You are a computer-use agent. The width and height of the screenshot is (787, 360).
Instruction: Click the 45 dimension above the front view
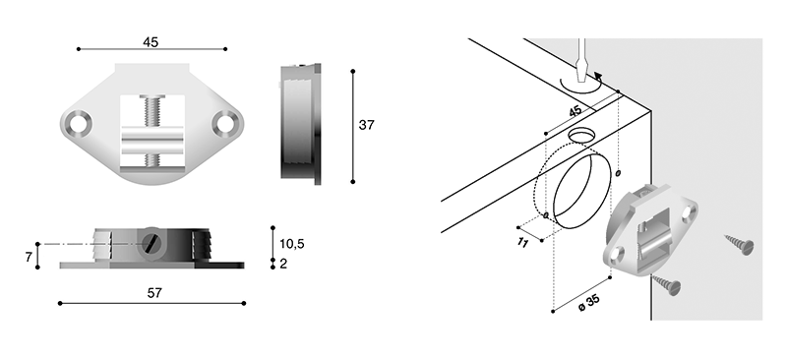pyautogui.click(x=151, y=42)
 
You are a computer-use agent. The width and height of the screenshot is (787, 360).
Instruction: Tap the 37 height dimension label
pyautogui.click(x=366, y=125)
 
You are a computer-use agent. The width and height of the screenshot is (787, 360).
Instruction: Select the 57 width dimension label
pyautogui.click(x=154, y=293)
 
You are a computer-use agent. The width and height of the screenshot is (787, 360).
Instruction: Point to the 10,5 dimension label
pyautogui.click(x=292, y=244)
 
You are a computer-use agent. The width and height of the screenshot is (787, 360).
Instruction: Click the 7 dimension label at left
pyautogui.click(x=29, y=257)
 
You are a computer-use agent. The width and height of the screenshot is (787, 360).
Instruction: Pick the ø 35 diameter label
pyautogui.click(x=588, y=303)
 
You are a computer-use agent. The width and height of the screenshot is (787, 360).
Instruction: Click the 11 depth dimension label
pyautogui.click(x=522, y=242)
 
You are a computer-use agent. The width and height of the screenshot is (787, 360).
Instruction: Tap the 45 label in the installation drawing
pyautogui.click(x=575, y=111)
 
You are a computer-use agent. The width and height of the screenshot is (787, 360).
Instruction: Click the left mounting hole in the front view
pyautogui.click(x=78, y=124)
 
